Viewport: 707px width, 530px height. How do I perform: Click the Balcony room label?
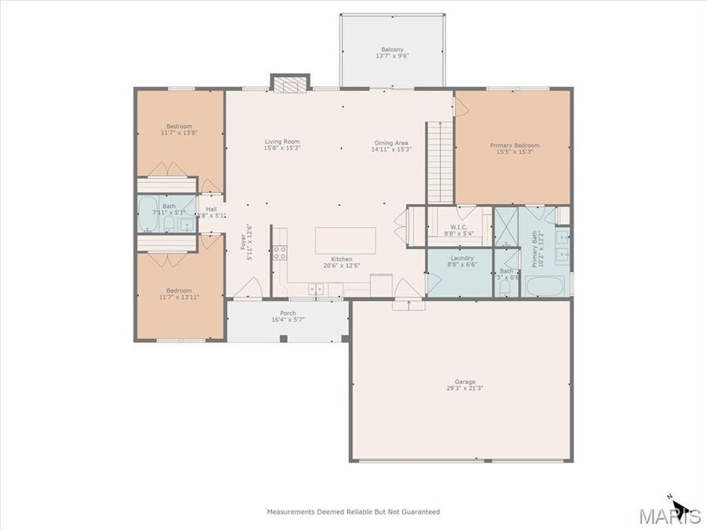(392, 49)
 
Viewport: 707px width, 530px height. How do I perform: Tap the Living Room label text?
(281, 142)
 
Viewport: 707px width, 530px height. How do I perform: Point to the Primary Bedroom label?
(515, 145)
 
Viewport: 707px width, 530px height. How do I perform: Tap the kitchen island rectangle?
(345, 239)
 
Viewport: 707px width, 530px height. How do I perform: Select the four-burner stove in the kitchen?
(279, 253)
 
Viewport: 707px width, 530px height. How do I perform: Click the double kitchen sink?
(316, 289)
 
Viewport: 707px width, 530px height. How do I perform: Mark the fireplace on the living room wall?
(290, 82)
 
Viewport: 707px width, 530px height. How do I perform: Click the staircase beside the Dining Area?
(440, 162)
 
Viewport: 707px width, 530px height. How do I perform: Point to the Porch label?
(288, 313)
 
